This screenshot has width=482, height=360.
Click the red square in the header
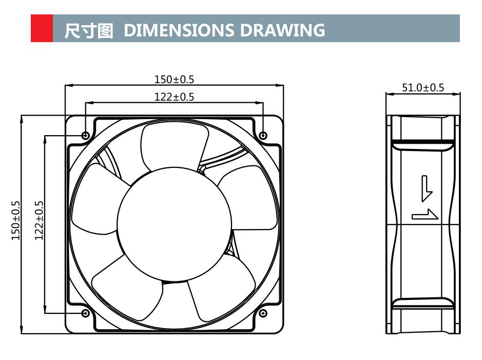pyautogui.click(x=42, y=28)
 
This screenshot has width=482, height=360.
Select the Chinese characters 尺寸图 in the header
pyautogui.click(x=88, y=30)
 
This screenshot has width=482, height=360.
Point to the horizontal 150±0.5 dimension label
pyautogui.click(x=175, y=80)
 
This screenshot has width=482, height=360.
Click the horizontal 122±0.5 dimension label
pyautogui.click(x=175, y=97)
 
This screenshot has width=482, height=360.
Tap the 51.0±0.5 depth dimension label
pyautogui.click(x=422, y=88)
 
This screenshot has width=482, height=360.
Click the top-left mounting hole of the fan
pyautogui.click(x=86, y=136)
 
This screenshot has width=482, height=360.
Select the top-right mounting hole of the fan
pyautogui.click(x=263, y=136)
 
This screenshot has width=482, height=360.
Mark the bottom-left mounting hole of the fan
pyautogui.click(x=86, y=313)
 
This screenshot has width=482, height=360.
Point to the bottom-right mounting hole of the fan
pyautogui.click(x=263, y=313)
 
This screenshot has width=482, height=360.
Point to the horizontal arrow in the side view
pyautogui.click(x=425, y=215)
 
